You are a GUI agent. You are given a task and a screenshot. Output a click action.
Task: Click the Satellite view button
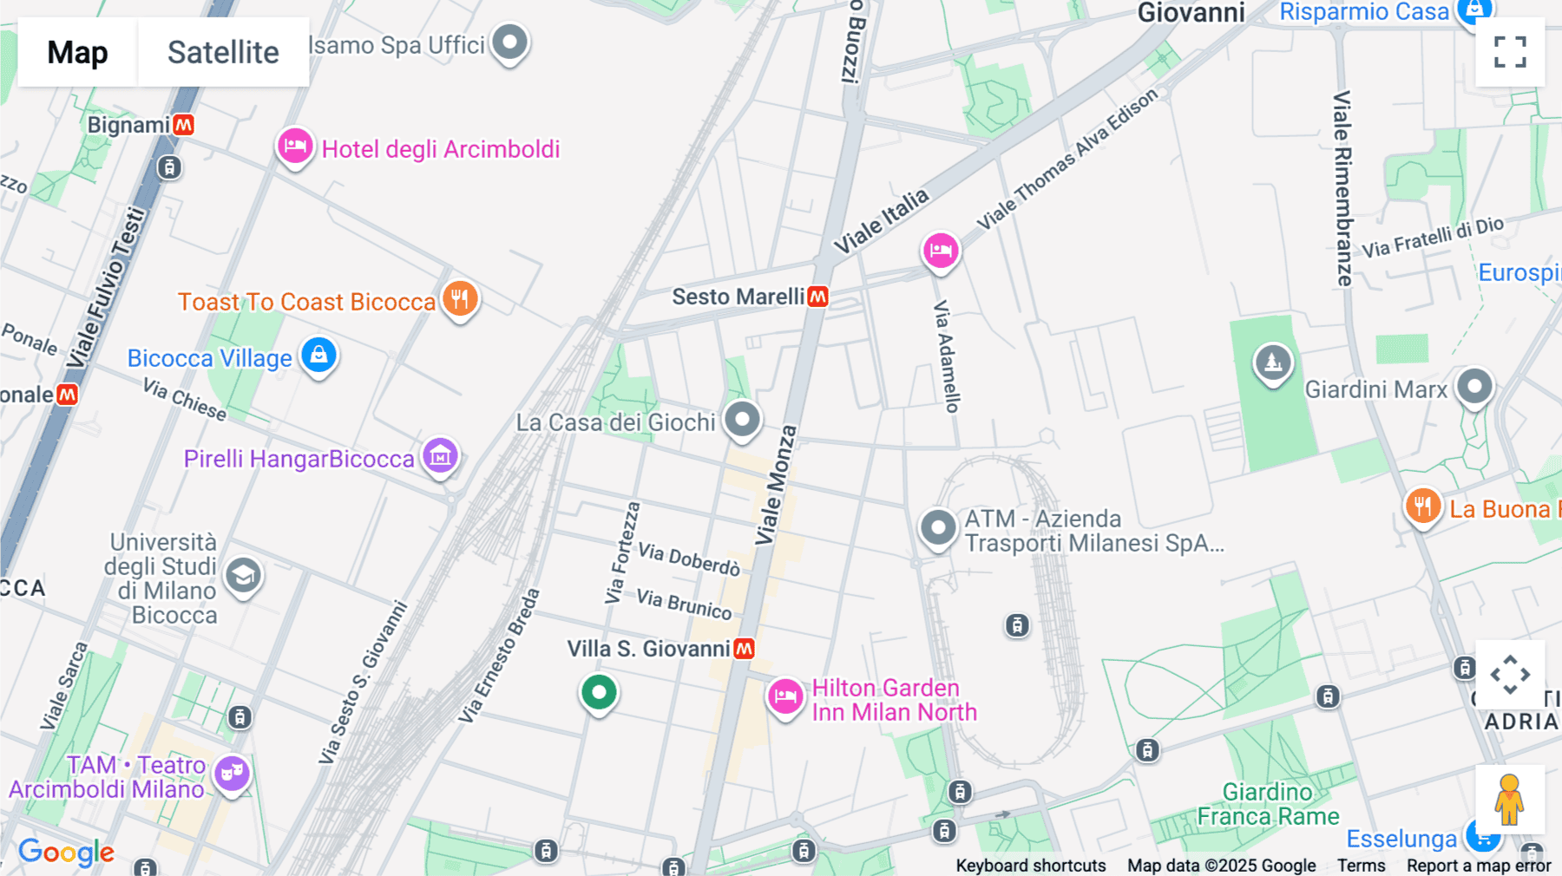pyautogui.click(x=223, y=52)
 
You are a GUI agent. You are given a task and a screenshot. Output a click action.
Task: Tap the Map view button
pyautogui.click(x=77, y=52)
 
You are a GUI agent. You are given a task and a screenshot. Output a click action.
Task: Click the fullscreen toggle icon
pyautogui.click(x=1510, y=52)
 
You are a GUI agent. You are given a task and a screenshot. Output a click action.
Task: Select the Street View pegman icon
pyautogui.click(x=1509, y=799)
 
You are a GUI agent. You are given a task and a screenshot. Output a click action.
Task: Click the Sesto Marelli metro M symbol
pyautogui.click(x=817, y=297)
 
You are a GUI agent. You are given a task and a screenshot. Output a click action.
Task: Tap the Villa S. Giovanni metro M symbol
pyautogui.click(x=744, y=649)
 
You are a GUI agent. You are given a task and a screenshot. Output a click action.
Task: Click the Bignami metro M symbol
pyautogui.click(x=183, y=125)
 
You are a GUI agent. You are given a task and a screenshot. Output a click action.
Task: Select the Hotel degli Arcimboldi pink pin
pyautogui.click(x=295, y=147)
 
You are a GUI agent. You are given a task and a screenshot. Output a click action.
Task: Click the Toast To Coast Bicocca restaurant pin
pyautogui.click(x=460, y=299)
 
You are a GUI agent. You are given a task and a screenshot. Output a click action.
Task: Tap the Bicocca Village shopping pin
pyautogui.click(x=318, y=356)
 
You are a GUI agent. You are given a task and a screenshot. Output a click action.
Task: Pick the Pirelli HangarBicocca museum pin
pyautogui.click(x=440, y=455)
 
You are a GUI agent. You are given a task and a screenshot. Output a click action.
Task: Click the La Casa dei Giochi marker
pyautogui.click(x=742, y=421)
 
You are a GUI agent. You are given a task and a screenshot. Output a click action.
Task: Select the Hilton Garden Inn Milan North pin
pyautogui.click(x=785, y=696)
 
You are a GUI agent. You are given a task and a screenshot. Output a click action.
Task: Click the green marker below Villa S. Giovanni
pyautogui.click(x=599, y=693)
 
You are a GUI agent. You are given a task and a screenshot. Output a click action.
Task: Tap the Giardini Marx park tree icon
pyautogui.click(x=1272, y=363)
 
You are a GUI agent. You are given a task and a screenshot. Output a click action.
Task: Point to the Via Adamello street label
pyautogui.click(x=947, y=356)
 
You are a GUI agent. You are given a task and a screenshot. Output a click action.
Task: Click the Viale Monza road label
pyautogui.click(x=776, y=486)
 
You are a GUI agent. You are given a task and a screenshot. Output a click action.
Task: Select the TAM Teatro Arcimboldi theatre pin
pyautogui.click(x=233, y=772)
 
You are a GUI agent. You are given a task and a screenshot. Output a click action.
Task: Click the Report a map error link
pyautogui.click(x=1478, y=866)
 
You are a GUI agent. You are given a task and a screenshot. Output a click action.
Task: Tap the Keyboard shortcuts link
pyautogui.click(x=1030, y=866)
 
